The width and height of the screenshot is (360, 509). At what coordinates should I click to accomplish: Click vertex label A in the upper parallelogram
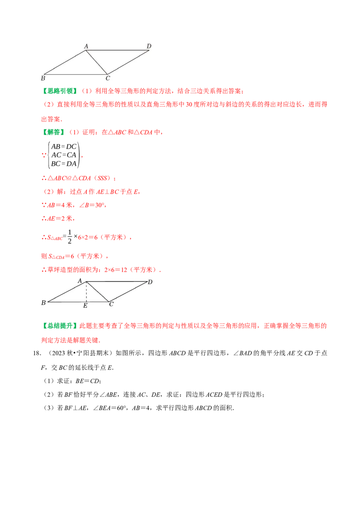(x=86, y=46)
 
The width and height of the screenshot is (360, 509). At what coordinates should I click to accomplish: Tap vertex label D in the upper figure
(x=149, y=46)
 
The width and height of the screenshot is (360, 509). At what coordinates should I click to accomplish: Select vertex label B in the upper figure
(x=43, y=79)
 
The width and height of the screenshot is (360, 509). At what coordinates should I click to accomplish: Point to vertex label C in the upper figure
(x=108, y=79)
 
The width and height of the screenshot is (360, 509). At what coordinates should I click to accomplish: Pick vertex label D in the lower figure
(x=150, y=282)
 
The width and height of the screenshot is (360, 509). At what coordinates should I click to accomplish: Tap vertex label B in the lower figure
(x=43, y=303)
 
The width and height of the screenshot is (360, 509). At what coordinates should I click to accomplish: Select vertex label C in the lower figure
(x=111, y=304)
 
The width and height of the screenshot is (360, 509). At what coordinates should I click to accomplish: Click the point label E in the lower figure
(x=85, y=306)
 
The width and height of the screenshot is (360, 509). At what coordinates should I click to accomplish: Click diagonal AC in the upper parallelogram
(x=96, y=62)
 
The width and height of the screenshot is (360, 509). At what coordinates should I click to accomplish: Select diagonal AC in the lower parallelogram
(x=98, y=292)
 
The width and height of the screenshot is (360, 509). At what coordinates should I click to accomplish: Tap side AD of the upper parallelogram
(x=117, y=50)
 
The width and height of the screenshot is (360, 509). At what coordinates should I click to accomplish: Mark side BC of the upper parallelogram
(x=76, y=74)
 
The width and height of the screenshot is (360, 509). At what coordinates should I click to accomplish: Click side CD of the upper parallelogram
(x=128, y=62)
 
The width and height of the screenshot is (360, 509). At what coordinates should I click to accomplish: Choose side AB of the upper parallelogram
(x=65, y=62)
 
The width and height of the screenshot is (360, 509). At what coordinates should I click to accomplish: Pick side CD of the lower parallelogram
(x=128, y=292)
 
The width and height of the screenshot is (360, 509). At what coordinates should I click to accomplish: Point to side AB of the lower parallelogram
(x=67, y=292)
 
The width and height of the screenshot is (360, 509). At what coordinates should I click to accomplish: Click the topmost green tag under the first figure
(x=61, y=91)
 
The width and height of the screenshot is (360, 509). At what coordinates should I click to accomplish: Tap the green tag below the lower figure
(x=61, y=326)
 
